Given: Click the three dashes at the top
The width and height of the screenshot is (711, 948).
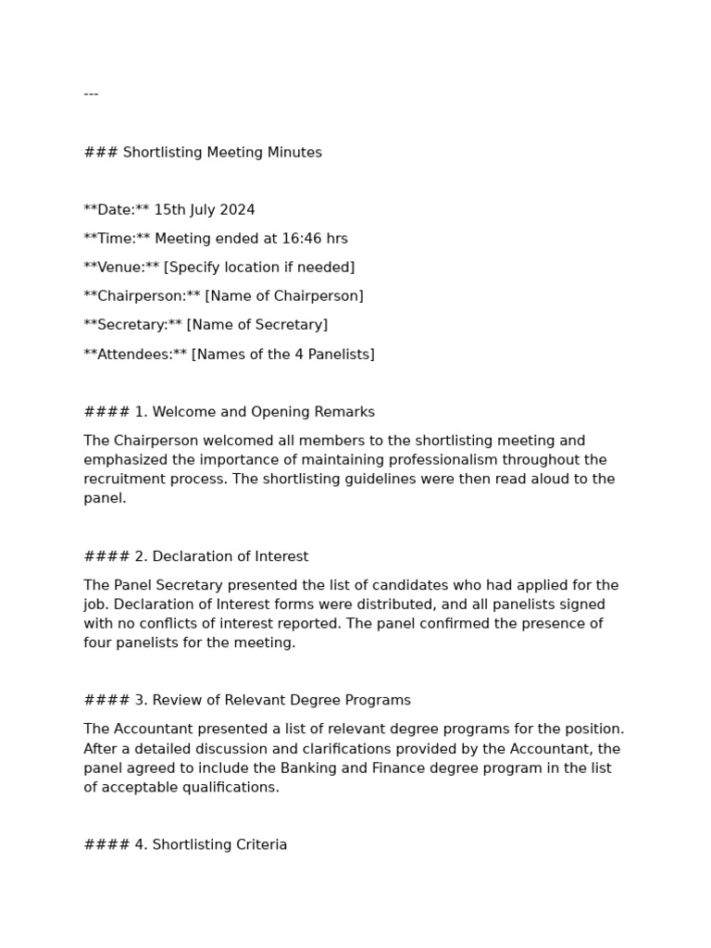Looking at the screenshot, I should (x=91, y=94).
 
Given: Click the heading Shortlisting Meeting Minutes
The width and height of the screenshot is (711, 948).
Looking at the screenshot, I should (x=222, y=153).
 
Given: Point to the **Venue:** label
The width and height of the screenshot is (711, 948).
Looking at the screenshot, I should (x=121, y=268).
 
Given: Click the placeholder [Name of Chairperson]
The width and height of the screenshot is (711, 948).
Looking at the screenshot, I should (x=284, y=296).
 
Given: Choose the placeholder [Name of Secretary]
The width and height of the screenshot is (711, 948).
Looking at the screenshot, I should (x=257, y=325).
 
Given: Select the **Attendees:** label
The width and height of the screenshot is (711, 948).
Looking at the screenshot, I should (x=135, y=355).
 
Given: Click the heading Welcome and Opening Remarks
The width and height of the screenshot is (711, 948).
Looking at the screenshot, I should (x=263, y=412).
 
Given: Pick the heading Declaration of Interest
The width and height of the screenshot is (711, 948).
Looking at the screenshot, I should (x=231, y=556).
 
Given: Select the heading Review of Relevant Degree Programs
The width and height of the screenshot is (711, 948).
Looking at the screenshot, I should (x=281, y=701).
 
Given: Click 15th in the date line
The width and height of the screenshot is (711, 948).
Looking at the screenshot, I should (x=169, y=210).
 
